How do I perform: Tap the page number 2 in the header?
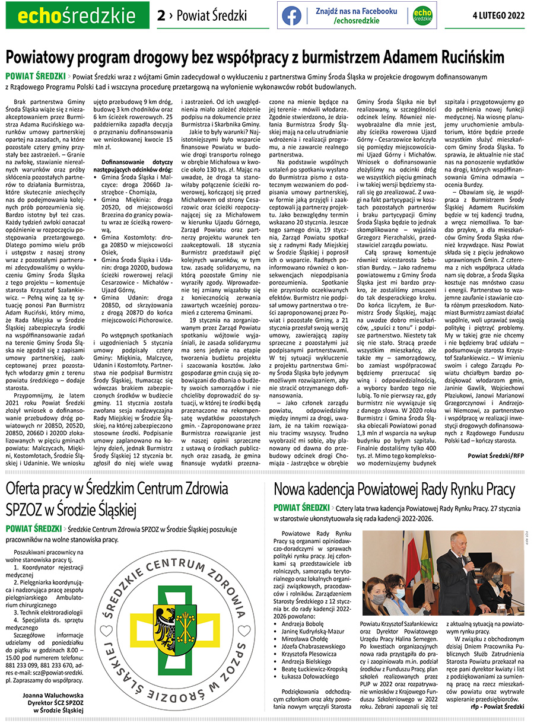click(161, 16)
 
